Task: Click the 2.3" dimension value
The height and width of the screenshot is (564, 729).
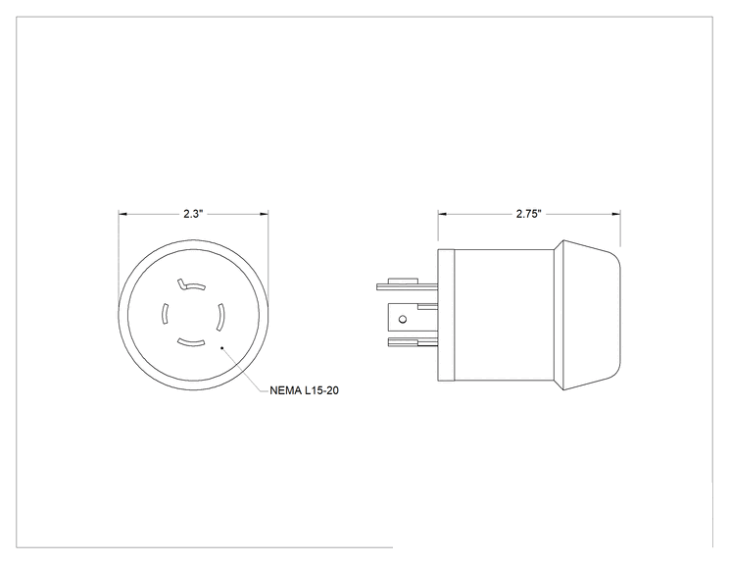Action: [193, 214]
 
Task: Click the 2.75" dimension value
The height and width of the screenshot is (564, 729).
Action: [529, 214]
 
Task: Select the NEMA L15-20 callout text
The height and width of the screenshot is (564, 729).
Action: [304, 390]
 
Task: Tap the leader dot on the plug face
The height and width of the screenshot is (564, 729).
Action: [222, 347]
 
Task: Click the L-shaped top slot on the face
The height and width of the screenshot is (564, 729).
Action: [191, 285]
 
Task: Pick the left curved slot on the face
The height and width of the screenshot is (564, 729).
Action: [164, 314]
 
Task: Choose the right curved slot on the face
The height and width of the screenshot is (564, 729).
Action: [220, 318]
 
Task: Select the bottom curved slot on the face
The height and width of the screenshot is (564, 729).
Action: [191, 343]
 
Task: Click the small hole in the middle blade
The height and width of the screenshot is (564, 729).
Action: [403, 319]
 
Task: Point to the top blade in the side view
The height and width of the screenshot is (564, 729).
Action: [408, 286]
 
